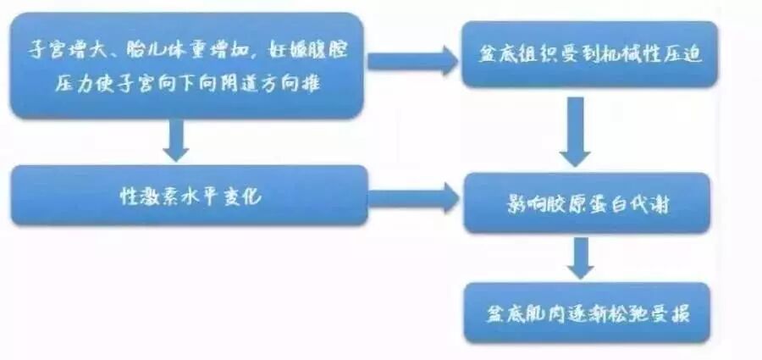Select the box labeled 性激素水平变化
click(x=190, y=196)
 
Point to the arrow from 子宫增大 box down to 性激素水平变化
click(x=176, y=141)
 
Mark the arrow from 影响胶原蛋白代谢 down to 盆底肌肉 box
click(x=580, y=258)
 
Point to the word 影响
click(x=517, y=204)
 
